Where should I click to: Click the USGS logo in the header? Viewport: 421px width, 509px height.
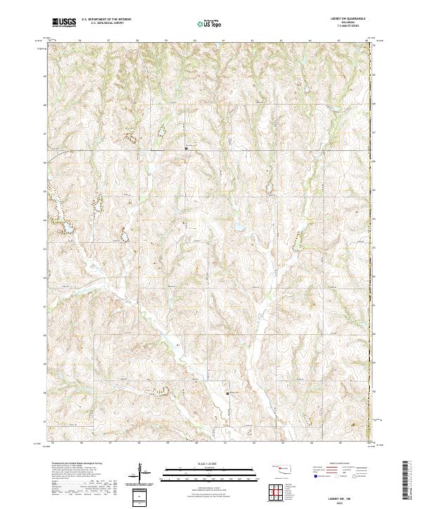tap(65, 22)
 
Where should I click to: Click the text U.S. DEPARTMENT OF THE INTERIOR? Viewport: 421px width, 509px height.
tap(106, 20)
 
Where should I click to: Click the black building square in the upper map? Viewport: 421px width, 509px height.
tap(186, 148)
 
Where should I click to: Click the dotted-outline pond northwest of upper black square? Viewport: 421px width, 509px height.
tap(160, 131)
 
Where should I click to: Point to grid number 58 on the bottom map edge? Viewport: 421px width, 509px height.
tap(139, 444)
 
